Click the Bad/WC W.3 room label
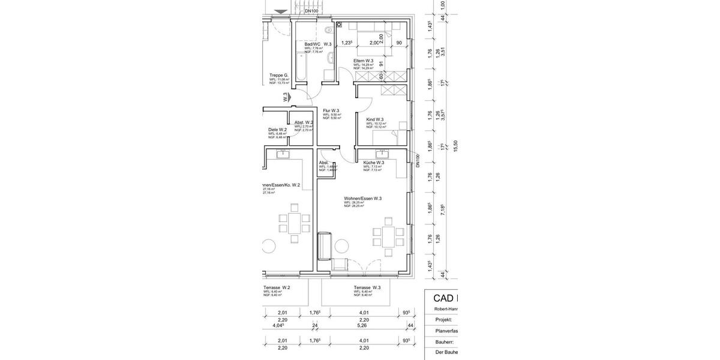point(318,44)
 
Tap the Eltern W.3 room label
point(364,61)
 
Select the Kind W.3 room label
point(375,119)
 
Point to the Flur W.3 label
point(331,111)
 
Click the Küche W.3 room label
point(373,163)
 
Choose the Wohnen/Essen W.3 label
point(362,199)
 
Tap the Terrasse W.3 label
point(367,287)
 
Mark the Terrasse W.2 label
point(277,287)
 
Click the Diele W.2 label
point(277,129)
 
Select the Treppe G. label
point(279,76)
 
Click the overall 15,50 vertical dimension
point(455,146)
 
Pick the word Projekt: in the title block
point(444,320)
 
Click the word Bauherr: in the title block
point(445,341)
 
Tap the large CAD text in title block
point(445,299)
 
